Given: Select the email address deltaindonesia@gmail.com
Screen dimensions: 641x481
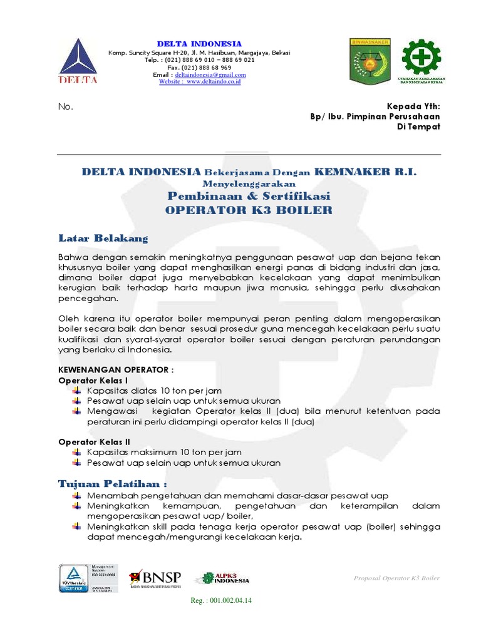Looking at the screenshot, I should click(x=210, y=74).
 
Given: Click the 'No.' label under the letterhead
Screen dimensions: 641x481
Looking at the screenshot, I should click(x=66, y=106).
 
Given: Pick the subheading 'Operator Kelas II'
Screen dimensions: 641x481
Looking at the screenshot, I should click(x=94, y=441).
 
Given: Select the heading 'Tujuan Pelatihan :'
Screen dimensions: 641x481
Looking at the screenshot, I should click(x=113, y=484).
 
